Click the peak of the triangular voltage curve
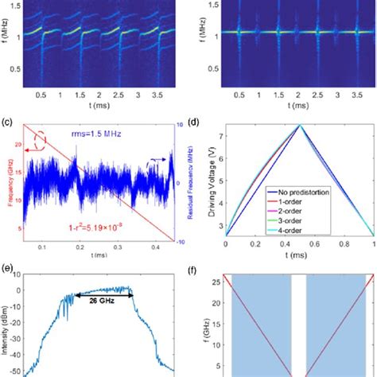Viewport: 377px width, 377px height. pos(299,126)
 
